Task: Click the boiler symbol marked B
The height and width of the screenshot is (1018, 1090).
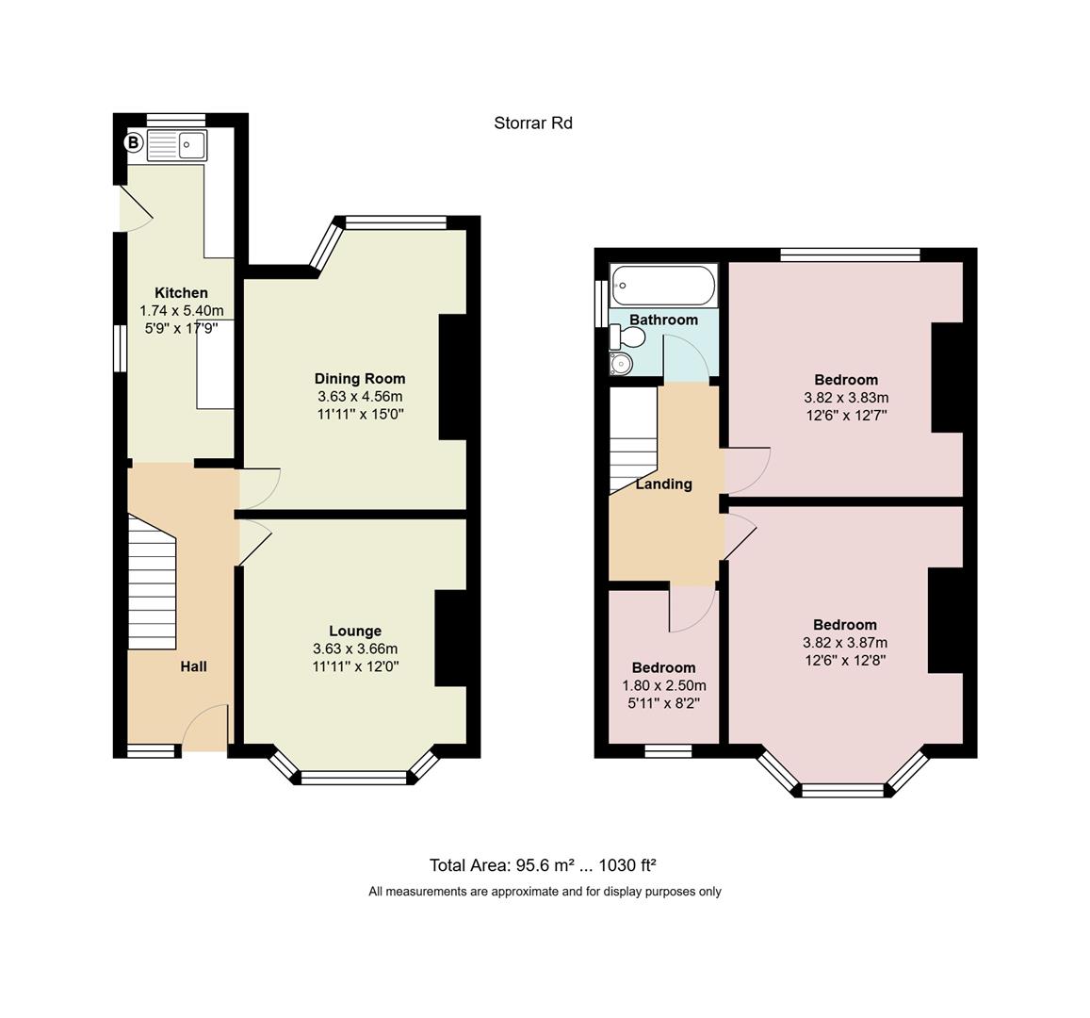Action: tap(133, 143)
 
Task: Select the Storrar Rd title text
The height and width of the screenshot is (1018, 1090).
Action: tap(533, 123)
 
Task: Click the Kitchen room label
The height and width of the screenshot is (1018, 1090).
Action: tap(181, 293)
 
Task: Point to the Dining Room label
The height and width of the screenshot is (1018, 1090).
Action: tap(359, 379)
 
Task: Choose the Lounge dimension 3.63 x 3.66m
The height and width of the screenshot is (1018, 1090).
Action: tap(355, 649)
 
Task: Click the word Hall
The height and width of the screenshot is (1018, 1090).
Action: tap(193, 666)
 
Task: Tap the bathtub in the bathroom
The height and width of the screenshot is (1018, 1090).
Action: tap(663, 285)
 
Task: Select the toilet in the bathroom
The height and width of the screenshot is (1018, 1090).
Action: tap(627, 338)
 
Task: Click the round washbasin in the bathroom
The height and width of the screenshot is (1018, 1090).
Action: tap(621, 363)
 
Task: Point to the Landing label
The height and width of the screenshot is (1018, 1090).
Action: tap(664, 484)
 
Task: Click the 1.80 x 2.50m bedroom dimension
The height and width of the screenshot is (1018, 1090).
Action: tap(664, 685)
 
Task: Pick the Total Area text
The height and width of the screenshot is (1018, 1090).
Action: tap(543, 865)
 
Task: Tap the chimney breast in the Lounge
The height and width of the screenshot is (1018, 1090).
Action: tap(450, 638)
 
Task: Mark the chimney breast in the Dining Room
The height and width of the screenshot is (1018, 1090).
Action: tap(453, 377)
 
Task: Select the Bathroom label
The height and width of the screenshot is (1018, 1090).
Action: tap(663, 320)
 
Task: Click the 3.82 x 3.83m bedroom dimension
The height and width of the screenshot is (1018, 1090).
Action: tap(846, 398)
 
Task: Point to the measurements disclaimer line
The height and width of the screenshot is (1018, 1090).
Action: tap(545, 892)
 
